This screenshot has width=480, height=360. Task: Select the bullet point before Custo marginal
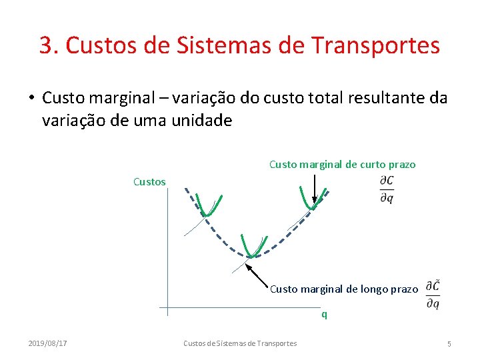[31, 99]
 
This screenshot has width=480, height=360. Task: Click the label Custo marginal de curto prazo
[342, 164]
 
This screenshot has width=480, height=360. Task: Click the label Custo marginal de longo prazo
[344, 289]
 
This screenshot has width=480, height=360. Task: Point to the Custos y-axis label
[149, 181]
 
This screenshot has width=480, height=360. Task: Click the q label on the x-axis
[325, 314]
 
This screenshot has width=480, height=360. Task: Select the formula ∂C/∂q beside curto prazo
[386, 189]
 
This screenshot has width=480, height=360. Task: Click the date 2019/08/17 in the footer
[47, 343]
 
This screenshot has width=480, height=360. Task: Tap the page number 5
[449, 343]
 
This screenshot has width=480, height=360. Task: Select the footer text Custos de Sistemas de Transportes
[240, 343]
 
